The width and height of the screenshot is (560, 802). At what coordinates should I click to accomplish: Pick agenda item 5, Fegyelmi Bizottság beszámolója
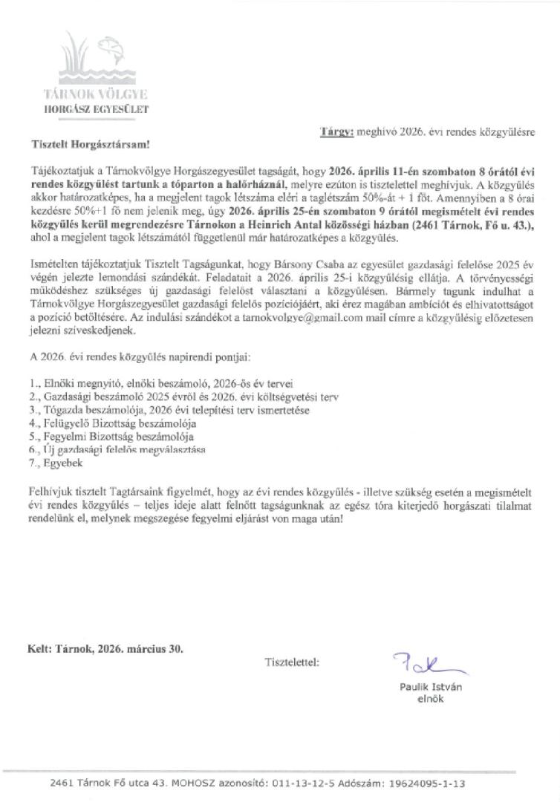pos(111,437)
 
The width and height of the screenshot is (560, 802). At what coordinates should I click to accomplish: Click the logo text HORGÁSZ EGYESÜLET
pos(97,108)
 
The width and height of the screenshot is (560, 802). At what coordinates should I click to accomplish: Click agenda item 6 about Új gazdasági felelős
pos(126,450)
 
